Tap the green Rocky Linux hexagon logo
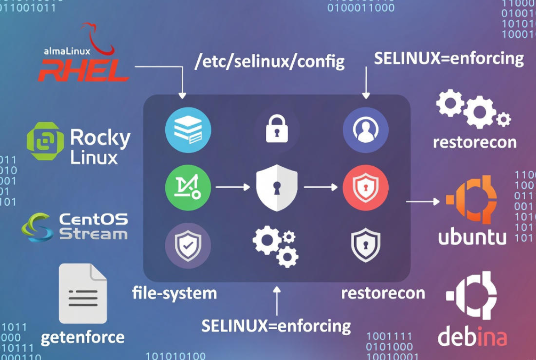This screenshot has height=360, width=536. tap(45, 141)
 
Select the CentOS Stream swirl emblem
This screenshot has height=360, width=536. tap(37, 227)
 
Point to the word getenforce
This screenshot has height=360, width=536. tap(83, 337)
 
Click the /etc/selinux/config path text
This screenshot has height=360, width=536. tap(269, 61)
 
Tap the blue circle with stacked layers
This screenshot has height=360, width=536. tap(188, 130)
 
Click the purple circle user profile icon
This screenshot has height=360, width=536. tap(365, 130)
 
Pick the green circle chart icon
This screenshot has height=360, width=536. tap(188, 188)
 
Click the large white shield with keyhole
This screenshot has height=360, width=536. tap(277, 188)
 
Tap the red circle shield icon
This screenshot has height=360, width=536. tap(365, 188)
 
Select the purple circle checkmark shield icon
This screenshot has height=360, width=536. tap(188, 245)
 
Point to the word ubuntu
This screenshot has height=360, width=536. tap(472, 236)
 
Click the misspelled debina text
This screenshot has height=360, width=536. tap(472, 337)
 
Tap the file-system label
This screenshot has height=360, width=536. tap(174, 292)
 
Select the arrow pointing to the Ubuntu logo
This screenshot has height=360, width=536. tap(423, 201)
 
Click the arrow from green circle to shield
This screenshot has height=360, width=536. tap(233, 187)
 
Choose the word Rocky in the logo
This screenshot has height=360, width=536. tap(100, 138)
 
